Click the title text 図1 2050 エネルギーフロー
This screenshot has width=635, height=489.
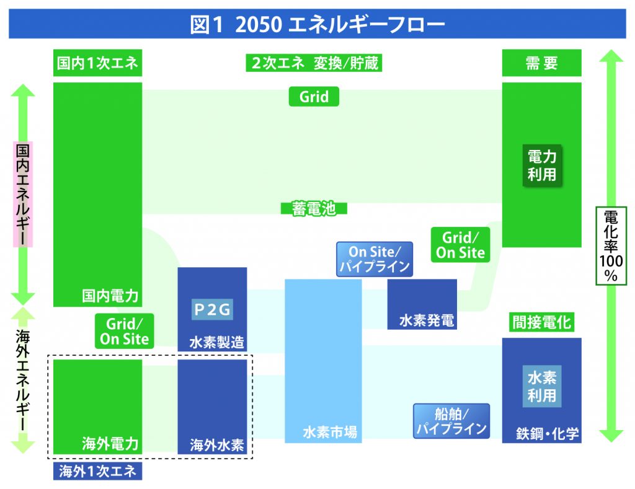[x=317, y=24]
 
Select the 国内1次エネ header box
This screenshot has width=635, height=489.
[x=97, y=63]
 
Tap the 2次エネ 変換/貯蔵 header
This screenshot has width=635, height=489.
[x=314, y=63]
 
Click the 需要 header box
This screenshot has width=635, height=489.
[x=541, y=63]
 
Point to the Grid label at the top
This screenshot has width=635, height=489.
[x=314, y=97]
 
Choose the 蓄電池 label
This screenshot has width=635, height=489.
[x=314, y=208]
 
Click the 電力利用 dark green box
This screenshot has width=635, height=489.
[x=542, y=165]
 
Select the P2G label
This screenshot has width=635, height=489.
[x=212, y=310]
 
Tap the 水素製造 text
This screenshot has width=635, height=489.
[x=216, y=343]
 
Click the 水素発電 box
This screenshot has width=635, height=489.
[x=422, y=304]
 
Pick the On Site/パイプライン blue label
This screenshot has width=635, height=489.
[x=375, y=259]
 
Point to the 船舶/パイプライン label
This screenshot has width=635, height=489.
[x=451, y=421]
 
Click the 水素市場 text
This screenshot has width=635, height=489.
[x=330, y=432]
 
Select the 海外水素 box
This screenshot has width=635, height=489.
[x=212, y=407]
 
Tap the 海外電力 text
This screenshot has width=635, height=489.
[x=110, y=444]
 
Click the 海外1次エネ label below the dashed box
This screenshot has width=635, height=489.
[x=97, y=471]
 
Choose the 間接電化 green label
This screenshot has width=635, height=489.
[x=541, y=323]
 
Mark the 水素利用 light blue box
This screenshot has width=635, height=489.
[x=542, y=386]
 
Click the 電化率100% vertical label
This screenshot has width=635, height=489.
[x=611, y=245]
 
